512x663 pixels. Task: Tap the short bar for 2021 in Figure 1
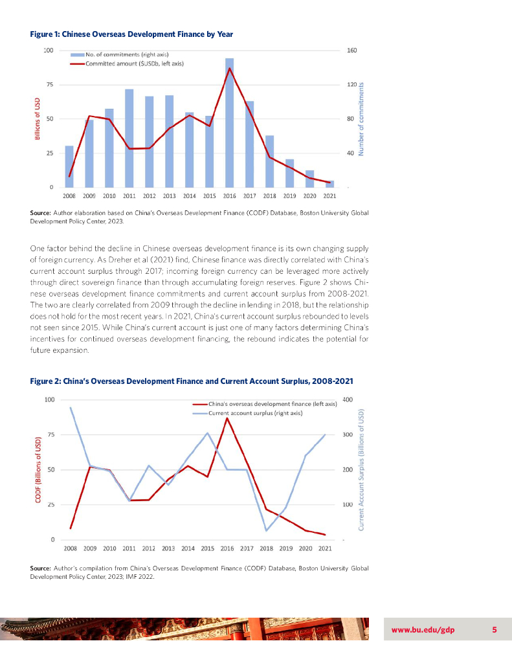tap(329, 184)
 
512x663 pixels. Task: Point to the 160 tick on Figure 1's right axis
tap(353, 51)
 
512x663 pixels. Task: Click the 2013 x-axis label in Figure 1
tap(169, 195)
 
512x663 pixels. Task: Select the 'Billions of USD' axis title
tap(38, 118)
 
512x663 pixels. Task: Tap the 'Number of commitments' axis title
tap(362, 118)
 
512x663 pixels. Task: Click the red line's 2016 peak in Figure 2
tap(227, 418)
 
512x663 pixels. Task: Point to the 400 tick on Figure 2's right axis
tap(347, 399)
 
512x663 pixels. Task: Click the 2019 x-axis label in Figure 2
tap(285, 548)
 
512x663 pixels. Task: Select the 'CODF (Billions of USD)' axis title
tap(38, 469)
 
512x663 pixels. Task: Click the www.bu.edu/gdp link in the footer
tap(423, 631)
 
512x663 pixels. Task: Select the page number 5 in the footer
tap(494, 631)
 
